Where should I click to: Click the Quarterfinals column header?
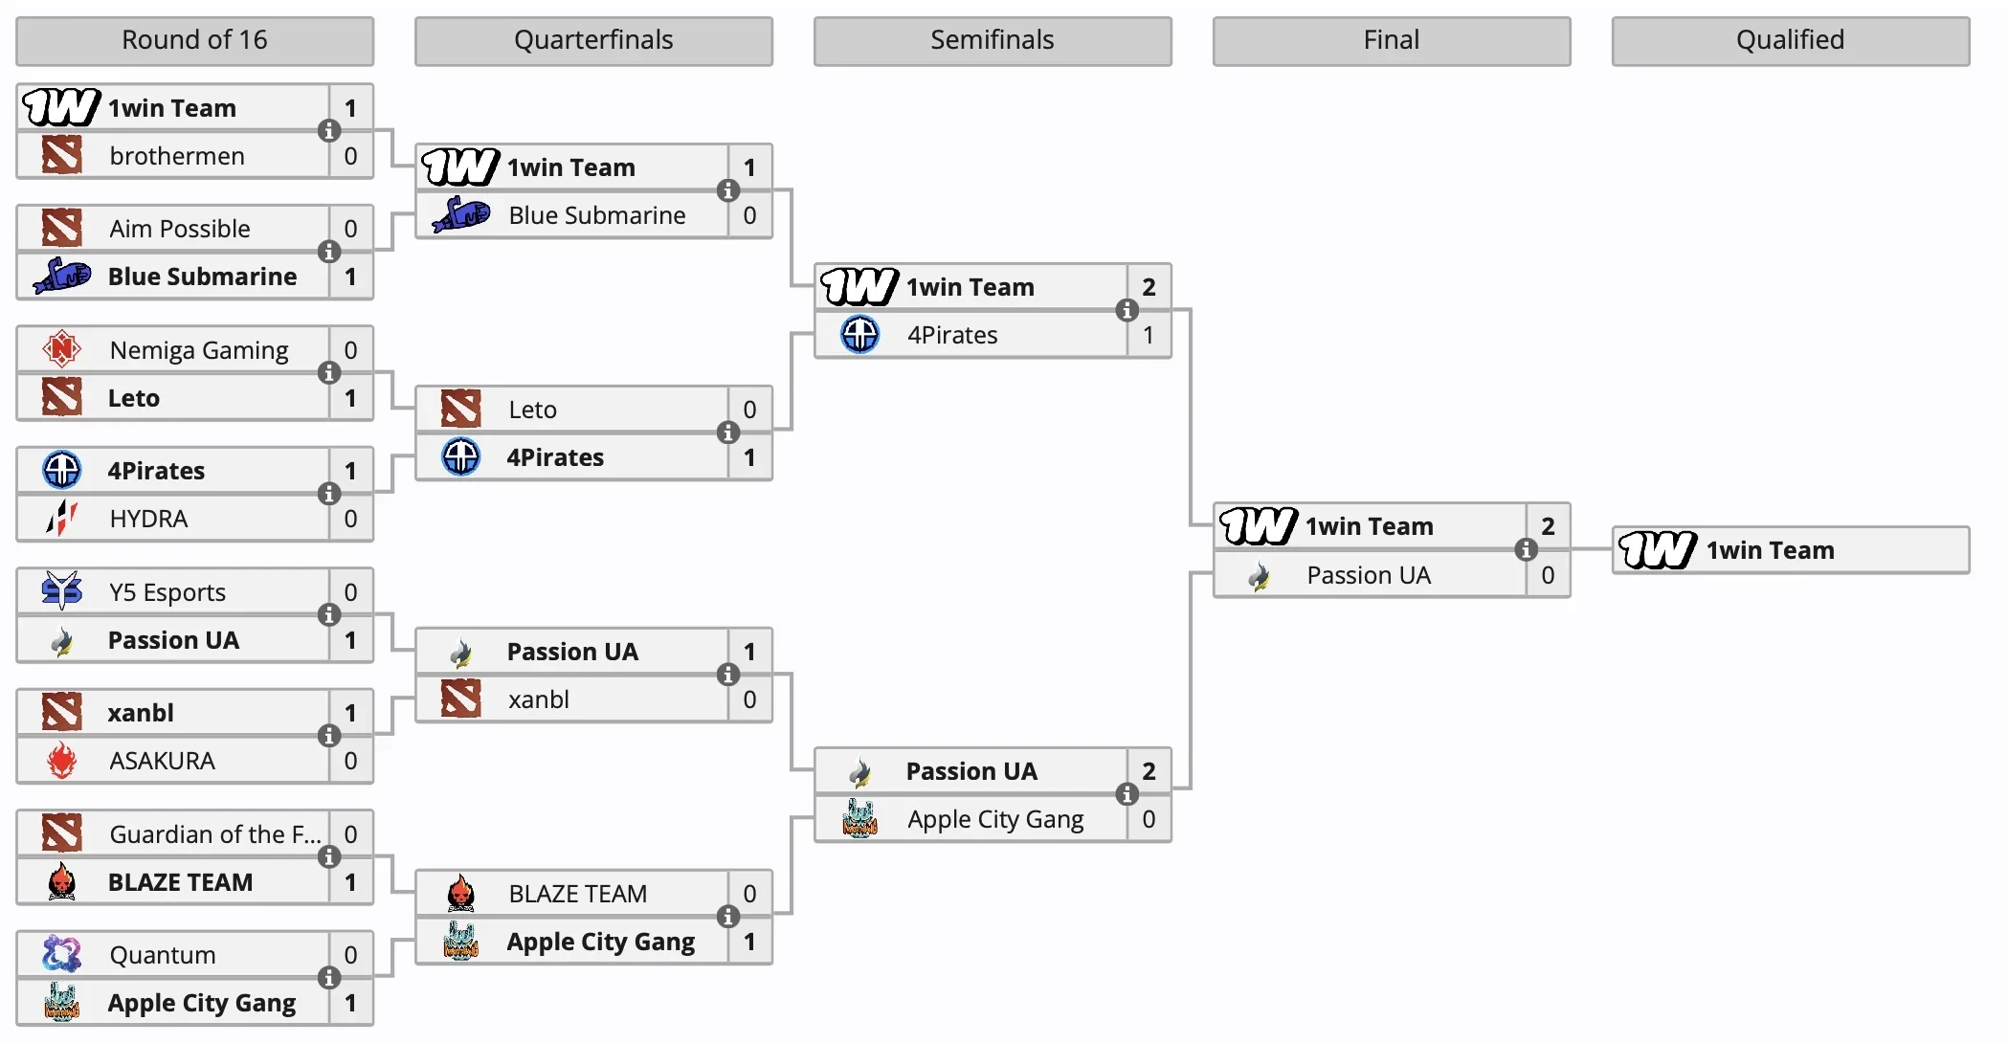593,40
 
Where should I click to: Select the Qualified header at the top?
1790,40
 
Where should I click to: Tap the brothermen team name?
177,156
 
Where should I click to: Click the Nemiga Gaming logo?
62,349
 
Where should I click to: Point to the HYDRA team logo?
62,519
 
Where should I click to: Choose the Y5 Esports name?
167,592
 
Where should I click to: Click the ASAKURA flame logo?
62,761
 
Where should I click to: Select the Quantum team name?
163,955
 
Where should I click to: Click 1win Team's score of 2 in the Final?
1548,526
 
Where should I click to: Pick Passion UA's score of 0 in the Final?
1548,575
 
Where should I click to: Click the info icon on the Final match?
1526,550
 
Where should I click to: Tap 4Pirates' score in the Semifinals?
1149,335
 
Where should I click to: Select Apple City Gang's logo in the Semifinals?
859,819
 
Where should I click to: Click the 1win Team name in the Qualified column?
1770,550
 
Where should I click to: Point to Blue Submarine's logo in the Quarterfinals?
461,215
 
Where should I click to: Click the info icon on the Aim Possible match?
329,252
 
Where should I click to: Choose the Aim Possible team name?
180,229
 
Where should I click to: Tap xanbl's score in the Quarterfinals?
749,699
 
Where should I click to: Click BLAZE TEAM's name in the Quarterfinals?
578,894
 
